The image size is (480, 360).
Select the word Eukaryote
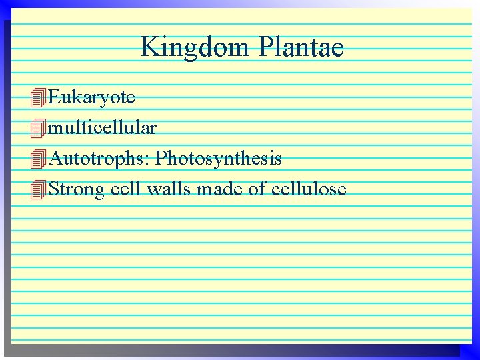[x=92, y=97]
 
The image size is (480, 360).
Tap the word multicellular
[x=103, y=127]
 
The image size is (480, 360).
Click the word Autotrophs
[x=99, y=159]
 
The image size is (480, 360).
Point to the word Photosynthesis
[x=219, y=159]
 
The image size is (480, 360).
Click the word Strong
[x=77, y=189]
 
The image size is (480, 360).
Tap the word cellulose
[x=309, y=189]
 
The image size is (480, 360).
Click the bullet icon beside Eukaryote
[x=39, y=98]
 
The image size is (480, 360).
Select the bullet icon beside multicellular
[x=39, y=128]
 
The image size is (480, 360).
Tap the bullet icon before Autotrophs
[x=39, y=159]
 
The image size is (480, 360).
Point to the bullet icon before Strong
[x=39, y=190]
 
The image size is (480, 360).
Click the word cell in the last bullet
[x=126, y=189]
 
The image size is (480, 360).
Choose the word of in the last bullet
[x=257, y=189]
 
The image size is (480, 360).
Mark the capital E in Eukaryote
[x=55, y=97]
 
